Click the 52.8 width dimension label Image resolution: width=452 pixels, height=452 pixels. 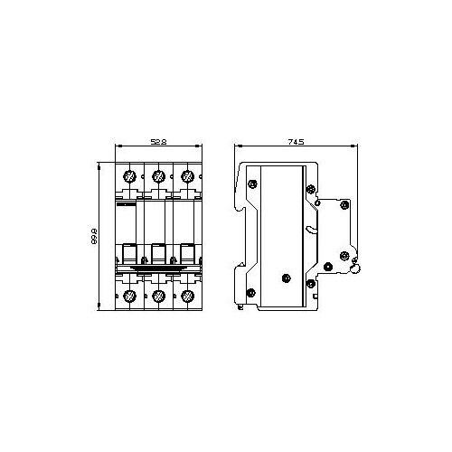tap(158, 142)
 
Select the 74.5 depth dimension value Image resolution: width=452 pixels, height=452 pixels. tap(296, 142)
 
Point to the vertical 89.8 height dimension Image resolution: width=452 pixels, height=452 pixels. tap(94, 236)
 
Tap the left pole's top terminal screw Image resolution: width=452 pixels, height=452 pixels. tap(130, 176)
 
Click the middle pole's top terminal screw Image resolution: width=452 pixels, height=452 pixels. tap(158, 176)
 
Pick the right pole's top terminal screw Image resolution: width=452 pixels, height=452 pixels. tap(187, 176)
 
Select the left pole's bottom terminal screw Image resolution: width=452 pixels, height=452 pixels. tap(130, 297)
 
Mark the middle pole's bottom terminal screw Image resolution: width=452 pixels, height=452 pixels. tap(158, 297)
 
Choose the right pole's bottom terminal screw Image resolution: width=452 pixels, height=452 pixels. tap(187, 297)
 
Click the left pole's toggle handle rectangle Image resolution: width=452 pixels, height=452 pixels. tap(129, 254)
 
